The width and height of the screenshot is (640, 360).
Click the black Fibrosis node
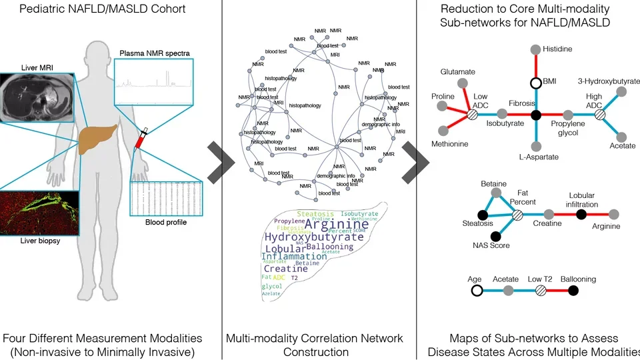[535, 115]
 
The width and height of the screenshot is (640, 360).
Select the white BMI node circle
[535, 83]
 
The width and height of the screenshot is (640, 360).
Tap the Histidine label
[558, 49]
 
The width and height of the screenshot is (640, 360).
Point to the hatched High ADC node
[599, 115]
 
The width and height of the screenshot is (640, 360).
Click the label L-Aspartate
[535, 157]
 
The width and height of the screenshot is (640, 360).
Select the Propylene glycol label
[567, 129]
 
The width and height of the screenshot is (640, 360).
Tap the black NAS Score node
[495, 236]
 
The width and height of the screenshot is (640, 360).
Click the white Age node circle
[477, 290]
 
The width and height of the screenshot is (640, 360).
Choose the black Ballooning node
[574, 290]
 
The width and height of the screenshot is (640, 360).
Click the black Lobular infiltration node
[581, 214]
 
